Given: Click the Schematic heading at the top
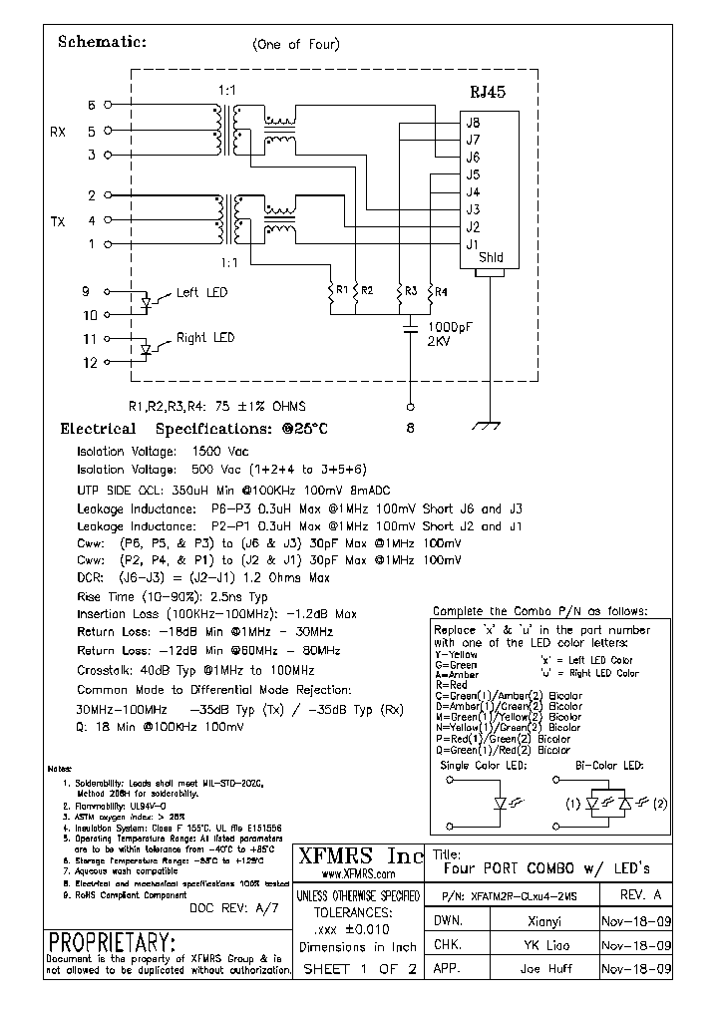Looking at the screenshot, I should coord(103,42).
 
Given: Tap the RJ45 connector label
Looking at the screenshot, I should coord(488,91).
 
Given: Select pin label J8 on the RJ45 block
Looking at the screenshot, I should coord(473,123).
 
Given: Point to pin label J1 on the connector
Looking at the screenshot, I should coord(473,243).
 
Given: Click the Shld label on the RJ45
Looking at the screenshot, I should coord(491,258).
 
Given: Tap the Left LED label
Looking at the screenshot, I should coord(201,292).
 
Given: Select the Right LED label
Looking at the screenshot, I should coord(205,338).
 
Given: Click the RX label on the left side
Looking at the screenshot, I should coord(58,132).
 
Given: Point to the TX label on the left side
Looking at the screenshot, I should coord(58,220).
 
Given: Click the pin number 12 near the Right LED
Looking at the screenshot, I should coord(90,363).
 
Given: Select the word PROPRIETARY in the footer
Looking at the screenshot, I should coord(112,942).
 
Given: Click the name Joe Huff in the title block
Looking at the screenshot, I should coord(546,968).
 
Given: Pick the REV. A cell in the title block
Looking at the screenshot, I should coord(639,894).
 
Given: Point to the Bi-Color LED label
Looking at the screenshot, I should coord(609,765).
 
